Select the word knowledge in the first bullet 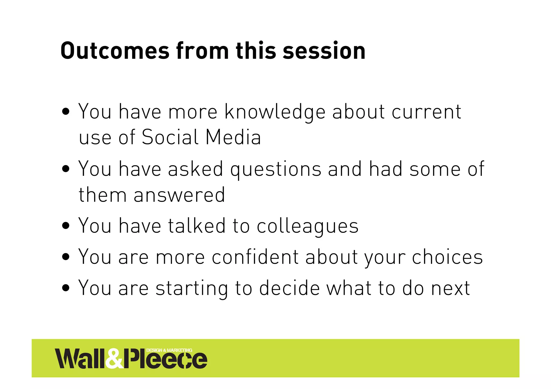pyautogui.click(x=275, y=112)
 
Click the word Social pyautogui.click(x=170, y=137)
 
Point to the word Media pyautogui.click(x=233, y=137)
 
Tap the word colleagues pyautogui.click(x=308, y=226)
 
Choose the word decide pyautogui.click(x=289, y=288)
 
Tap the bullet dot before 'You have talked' pyautogui.click(x=66, y=226)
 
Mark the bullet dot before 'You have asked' pyautogui.click(x=66, y=169)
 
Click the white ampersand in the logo pyautogui.click(x=114, y=359)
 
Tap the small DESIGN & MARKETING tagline pyautogui.click(x=169, y=350)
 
